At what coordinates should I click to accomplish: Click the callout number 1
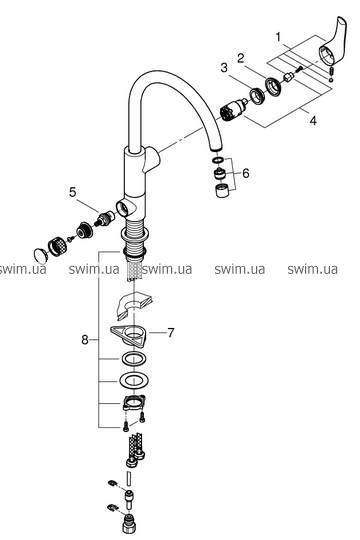tap(278, 37)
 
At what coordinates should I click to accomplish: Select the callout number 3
tap(224, 68)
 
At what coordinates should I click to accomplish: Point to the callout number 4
tap(313, 121)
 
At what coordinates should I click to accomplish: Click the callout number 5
tap(72, 192)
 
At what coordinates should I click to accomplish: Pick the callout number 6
tap(245, 173)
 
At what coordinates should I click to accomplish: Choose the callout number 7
tap(171, 333)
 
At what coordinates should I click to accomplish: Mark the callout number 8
tap(85, 340)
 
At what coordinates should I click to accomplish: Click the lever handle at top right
tap(333, 41)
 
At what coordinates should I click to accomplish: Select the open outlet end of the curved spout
tap(216, 148)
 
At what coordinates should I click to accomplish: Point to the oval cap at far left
tap(42, 255)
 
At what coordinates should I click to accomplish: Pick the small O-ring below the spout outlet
tap(218, 160)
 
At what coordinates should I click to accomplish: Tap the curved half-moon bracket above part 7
tap(132, 303)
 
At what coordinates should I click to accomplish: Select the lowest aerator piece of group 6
tap(221, 190)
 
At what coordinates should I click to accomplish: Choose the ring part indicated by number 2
tap(273, 86)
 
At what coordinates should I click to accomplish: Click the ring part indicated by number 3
tap(256, 96)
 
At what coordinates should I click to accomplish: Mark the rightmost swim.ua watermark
tap(312, 269)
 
